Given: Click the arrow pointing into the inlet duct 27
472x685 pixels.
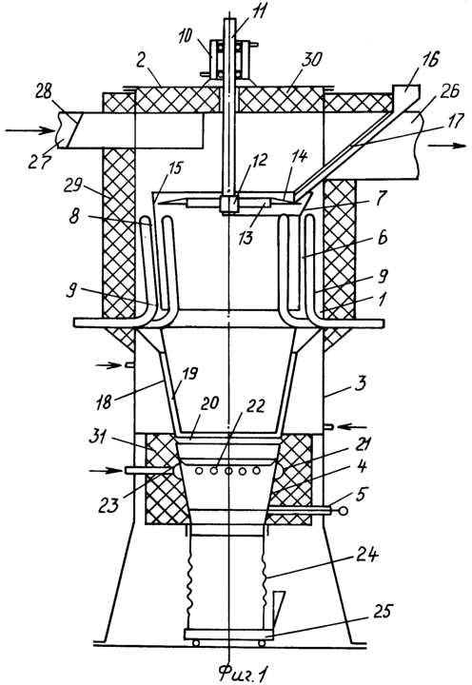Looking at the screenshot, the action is pos(30,130).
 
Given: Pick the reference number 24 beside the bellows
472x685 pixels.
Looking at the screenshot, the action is pos(367,558).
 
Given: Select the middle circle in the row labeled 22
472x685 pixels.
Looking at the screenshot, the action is pos(228,471).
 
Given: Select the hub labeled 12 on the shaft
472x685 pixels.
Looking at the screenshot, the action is pos(227,204).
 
